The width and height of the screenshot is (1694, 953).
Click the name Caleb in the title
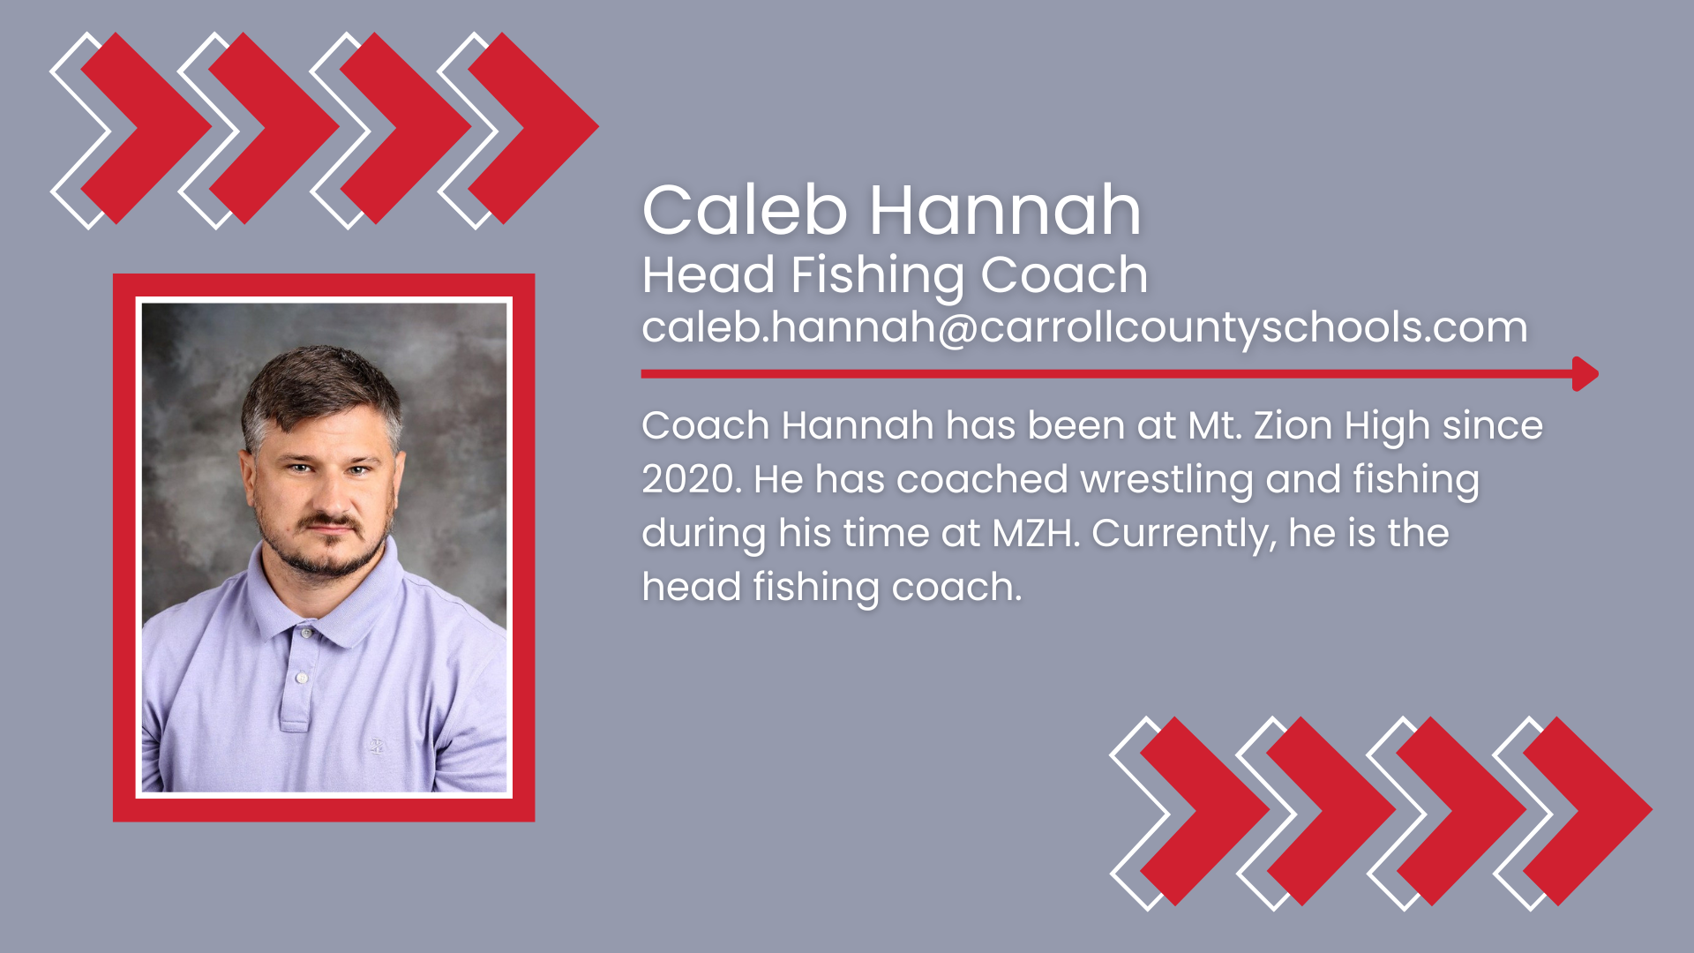(x=745, y=211)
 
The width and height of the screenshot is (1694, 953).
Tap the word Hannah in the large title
(x=1005, y=211)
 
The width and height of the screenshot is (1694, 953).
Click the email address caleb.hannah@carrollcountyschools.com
(x=1084, y=327)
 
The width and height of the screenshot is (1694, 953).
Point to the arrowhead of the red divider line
(x=1585, y=374)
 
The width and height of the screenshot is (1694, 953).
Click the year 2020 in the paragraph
(x=691, y=480)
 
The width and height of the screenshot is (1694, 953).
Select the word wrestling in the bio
(x=1166, y=480)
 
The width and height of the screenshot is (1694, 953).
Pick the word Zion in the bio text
(x=1293, y=426)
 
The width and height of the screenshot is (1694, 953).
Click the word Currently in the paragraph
(x=1183, y=534)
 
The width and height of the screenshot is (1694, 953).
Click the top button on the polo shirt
(x=305, y=633)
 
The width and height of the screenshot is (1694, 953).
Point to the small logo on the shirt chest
(x=377, y=747)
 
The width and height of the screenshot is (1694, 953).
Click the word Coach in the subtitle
(x=1064, y=275)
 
